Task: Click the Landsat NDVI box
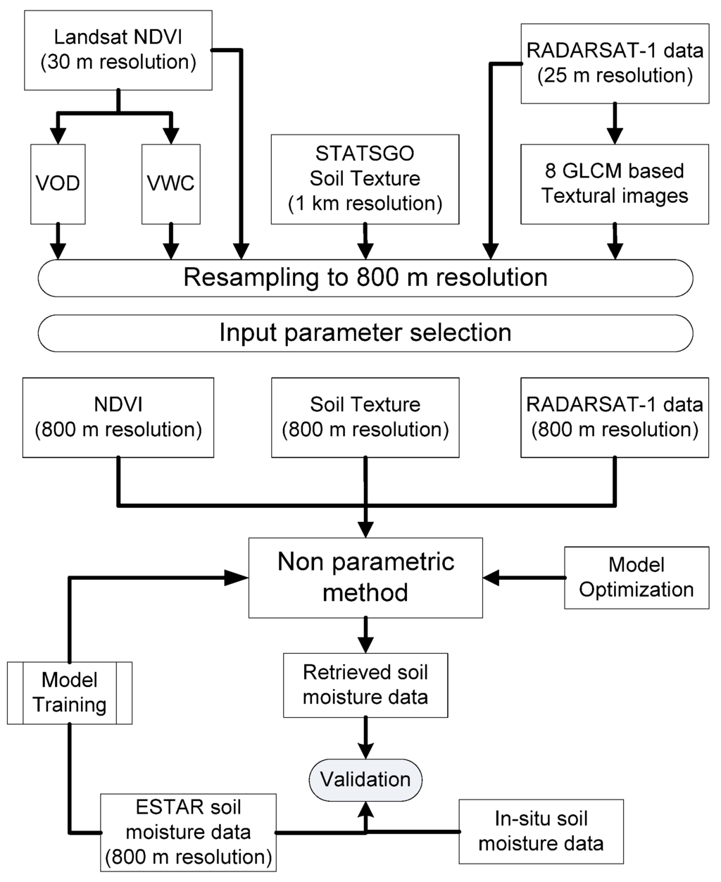coord(118,49)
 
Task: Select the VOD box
coord(58,184)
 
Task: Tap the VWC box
coord(170,184)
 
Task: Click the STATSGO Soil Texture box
coord(365,179)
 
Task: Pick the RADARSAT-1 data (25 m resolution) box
coord(615,63)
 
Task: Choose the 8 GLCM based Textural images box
coord(615,184)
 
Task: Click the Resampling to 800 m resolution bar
coord(365,278)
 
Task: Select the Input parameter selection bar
coord(365,333)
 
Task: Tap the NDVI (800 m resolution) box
coord(118,417)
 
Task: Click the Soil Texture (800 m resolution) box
coord(365,417)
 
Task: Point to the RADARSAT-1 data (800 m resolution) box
coord(615,417)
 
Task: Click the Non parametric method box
coord(365,577)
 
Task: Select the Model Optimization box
coord(637,577)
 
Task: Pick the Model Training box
coord(70,692)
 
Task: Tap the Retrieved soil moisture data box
coord(365,685)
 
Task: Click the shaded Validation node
coord(365,779)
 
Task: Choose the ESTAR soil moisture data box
coord(187,832)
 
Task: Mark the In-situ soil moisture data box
coord(541,831)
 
